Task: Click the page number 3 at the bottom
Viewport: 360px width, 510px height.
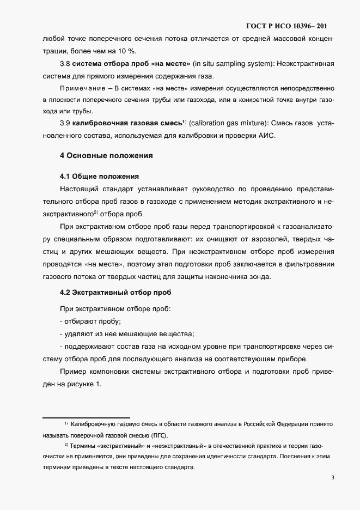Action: tap(332, 478)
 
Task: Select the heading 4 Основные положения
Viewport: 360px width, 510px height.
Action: tap(106, 155)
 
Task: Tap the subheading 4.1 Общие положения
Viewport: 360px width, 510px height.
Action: tap(99, 177)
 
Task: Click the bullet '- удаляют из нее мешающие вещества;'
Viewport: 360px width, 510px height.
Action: tap(127, 334)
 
